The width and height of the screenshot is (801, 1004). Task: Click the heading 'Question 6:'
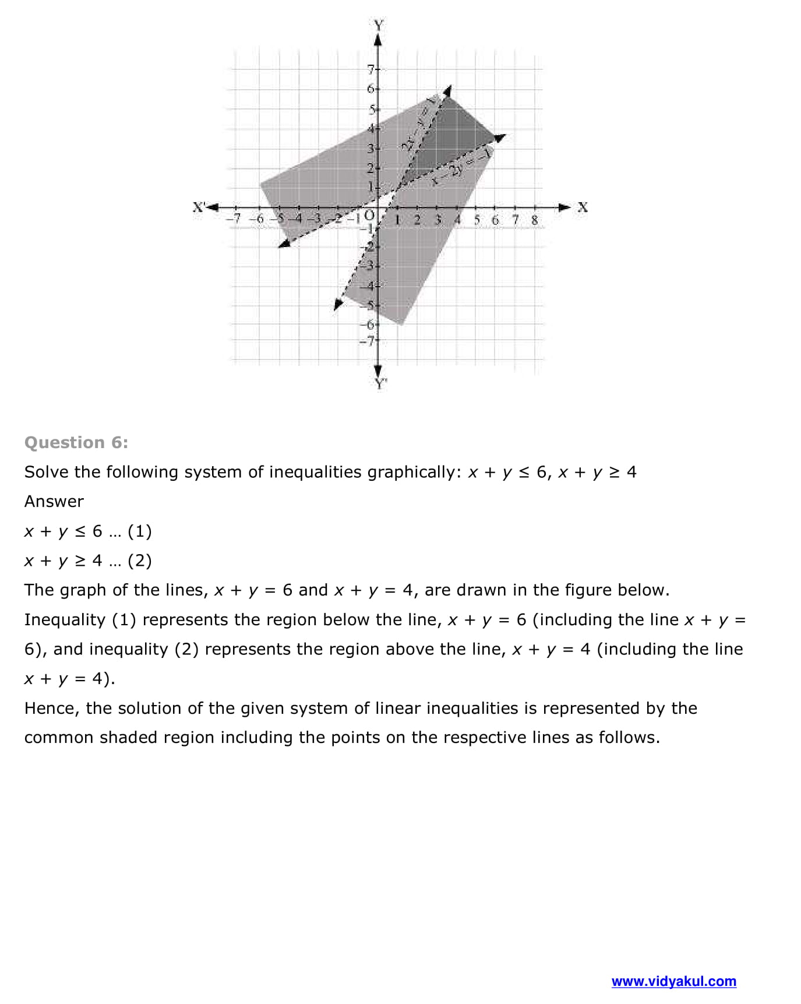[76, 442]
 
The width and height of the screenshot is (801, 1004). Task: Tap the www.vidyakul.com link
[673, 981]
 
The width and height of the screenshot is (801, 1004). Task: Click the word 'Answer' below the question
[54, 501]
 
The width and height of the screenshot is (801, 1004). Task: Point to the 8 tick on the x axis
[534, 220]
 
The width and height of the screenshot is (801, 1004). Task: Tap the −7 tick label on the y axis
[368, 340]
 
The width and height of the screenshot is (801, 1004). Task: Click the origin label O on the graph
[369, 216]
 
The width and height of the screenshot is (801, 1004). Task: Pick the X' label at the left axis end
[199, 207]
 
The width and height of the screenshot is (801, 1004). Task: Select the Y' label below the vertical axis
[380, 383]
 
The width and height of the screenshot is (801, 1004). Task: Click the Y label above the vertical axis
[379, 25]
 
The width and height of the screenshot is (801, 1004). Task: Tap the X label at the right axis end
[582, 207]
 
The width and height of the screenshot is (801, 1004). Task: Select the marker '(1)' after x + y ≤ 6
[139, 531]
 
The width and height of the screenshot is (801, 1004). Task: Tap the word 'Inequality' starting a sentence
[64, 619]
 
